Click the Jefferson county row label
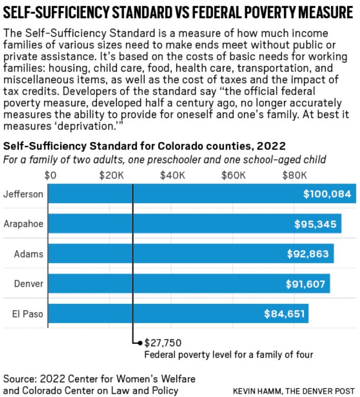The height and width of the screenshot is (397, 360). point(23,194)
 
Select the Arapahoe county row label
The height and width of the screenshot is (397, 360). point(23,224)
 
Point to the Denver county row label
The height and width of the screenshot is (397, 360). point(29,284)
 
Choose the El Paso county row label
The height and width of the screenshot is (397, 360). point(28,313)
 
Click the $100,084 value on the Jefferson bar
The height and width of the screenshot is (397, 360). point(327,194)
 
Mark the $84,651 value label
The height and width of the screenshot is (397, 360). point(284,313)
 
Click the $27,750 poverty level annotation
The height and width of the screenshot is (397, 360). point(162,343)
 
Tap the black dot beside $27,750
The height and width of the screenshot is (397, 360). point(140,343)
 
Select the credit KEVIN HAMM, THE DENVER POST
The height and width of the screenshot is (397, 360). point(294,390)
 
